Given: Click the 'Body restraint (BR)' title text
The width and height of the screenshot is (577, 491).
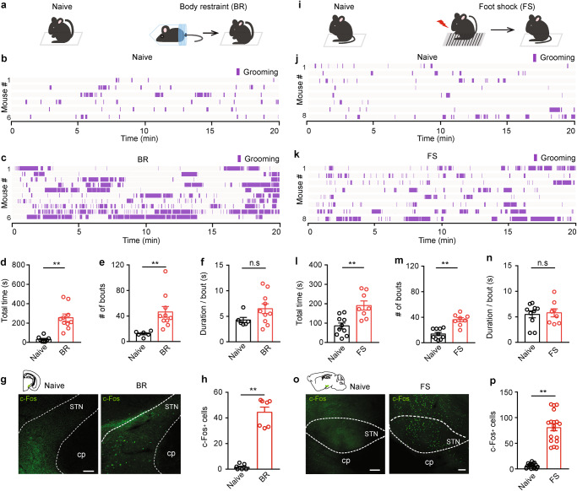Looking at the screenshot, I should (x=194, y=8).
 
